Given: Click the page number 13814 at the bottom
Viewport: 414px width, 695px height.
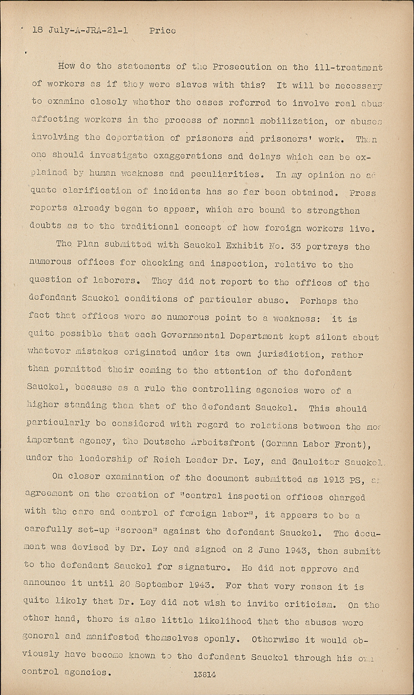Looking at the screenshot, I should click(x=205, y=675).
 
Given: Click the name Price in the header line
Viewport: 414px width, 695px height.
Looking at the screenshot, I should click(x=163, y=31).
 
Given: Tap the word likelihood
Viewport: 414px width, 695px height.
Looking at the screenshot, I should click(x=224, y=621).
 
